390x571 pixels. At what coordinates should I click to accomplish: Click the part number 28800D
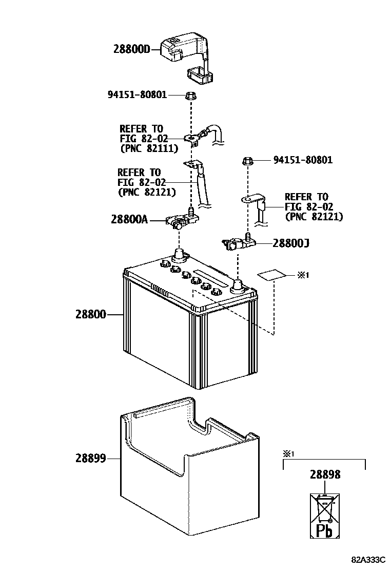point(131,49)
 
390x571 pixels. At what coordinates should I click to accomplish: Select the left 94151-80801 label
point(138,94)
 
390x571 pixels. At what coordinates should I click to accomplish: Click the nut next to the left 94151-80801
point(190,96)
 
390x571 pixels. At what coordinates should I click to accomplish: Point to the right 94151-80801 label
point(303,160)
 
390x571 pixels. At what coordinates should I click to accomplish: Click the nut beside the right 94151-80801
point(247,162)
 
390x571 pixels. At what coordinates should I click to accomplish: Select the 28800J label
point(290,242)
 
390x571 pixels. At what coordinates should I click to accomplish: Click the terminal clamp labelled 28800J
point(238,243)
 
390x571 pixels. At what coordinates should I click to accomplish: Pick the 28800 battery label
point(91,314)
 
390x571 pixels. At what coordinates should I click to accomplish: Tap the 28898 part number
point(325,475)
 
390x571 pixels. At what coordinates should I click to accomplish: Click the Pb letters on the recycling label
point(324,529)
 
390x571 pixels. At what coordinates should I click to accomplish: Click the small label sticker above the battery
point(271,276)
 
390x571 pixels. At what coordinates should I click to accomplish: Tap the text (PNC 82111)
point(148,148)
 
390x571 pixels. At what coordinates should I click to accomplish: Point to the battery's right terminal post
point(237,285)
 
